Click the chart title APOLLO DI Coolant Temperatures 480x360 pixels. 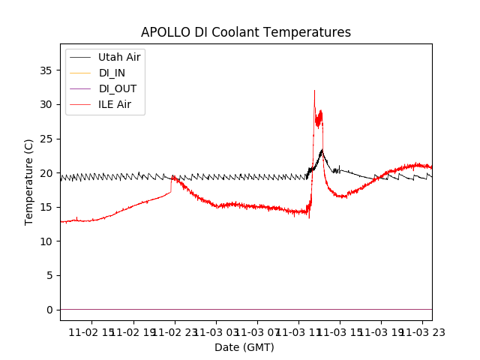click(x=246, y=32)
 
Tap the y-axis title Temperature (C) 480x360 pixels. click(x=28, y=181)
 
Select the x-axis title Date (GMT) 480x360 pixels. click(x=244, y=347)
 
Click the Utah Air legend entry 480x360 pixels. click(x=118, y=57)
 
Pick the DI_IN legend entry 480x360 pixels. click(x=112, y=73)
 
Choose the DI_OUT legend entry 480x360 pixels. click(x=117, y=88)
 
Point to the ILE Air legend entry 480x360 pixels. click(x=114, y=104)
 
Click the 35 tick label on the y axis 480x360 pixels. click(x=46, y=70)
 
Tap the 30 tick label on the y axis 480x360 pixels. click(x=46, y=104)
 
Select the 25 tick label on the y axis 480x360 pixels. click(x=46, y=139)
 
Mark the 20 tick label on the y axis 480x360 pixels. click(x=46, y=172)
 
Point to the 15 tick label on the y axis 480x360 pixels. click(x=46, y=207)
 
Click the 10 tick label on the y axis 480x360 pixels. click(x=46, y=241)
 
